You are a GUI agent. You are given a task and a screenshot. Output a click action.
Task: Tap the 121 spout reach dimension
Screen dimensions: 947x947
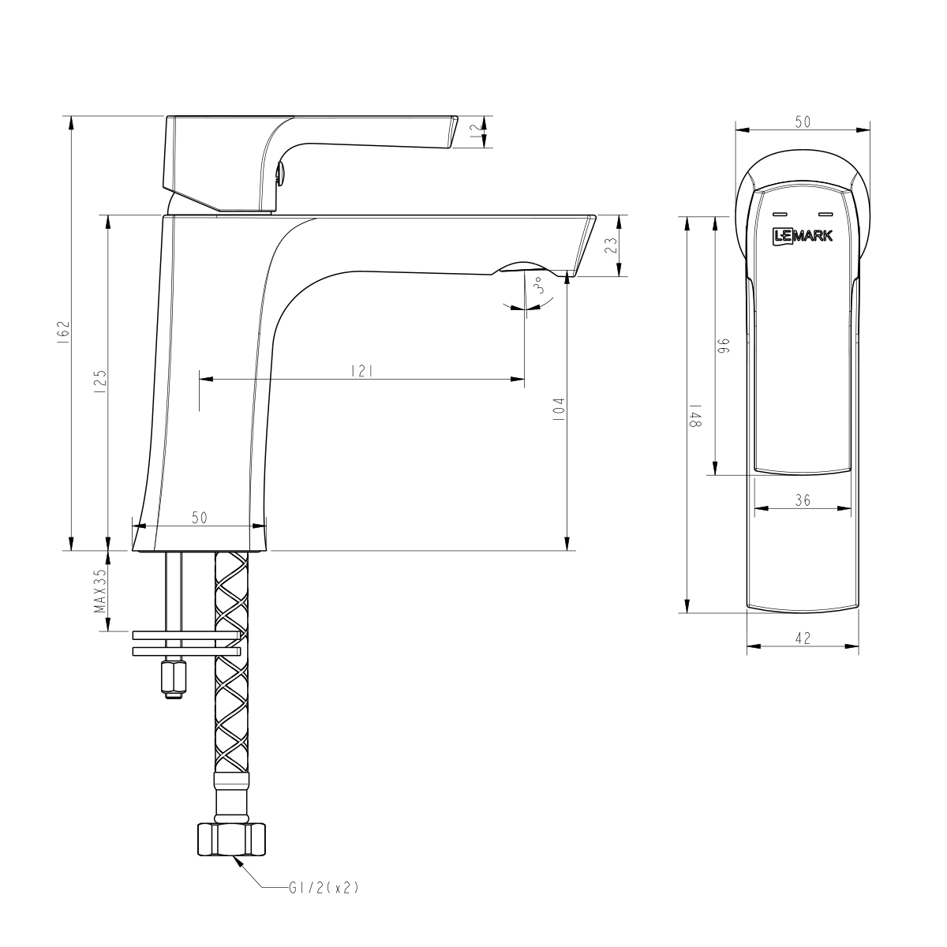362,370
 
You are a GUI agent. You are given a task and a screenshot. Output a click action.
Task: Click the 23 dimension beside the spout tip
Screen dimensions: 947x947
610,245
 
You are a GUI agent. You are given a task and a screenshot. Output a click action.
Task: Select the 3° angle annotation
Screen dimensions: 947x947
540,286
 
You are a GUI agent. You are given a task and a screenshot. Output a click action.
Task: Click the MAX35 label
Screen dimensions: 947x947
100,591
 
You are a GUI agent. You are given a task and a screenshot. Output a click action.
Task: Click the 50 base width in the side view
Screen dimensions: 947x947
199,517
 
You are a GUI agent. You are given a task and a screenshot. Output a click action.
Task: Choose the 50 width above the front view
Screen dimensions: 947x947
803,122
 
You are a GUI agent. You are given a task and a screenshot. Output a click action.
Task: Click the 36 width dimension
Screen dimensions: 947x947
803,500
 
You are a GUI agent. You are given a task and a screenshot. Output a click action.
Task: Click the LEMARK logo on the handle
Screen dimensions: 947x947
802,234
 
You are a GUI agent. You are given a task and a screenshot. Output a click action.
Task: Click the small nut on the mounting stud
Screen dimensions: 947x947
173,678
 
